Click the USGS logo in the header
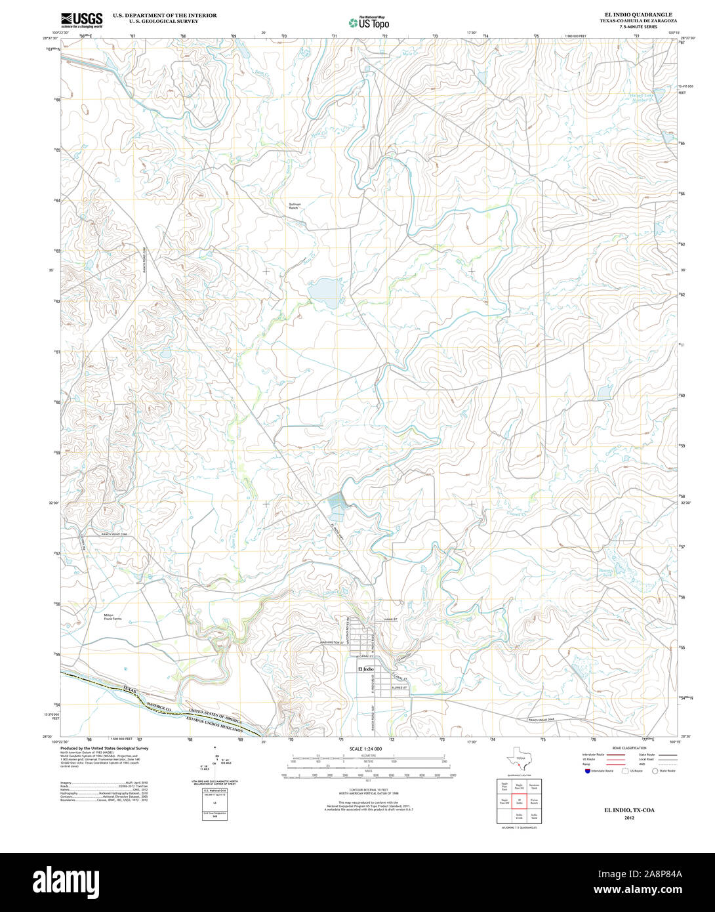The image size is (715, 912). pos(81,20)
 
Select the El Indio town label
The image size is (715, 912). pos(365,669)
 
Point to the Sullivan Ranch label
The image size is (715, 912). pos(295,206)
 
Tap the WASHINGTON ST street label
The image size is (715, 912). pos(333,642)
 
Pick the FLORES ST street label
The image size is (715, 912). pos(399,688)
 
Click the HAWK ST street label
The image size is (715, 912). pos(382,619)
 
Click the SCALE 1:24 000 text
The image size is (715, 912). pos(365,749)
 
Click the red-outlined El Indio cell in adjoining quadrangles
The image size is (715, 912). pos(519,802)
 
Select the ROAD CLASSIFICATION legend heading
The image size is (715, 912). pos(629,748)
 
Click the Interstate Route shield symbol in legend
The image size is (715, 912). pos(588,771)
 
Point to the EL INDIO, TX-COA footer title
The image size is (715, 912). pos(629,810)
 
